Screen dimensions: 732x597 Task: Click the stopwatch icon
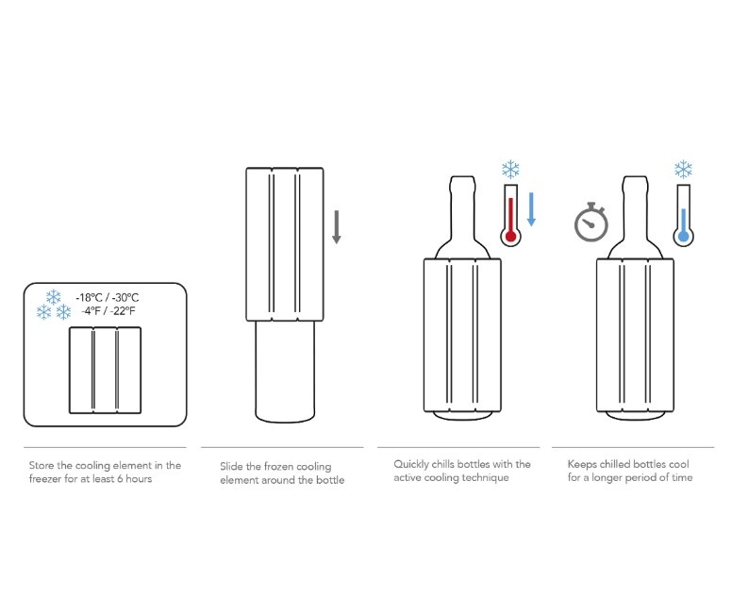(591, 223)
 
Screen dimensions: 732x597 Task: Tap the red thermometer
(510, 215)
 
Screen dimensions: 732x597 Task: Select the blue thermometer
(684, 215)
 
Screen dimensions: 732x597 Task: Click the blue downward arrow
(531, 209)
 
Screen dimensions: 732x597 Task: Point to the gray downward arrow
(336, 227)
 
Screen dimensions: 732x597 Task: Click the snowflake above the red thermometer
(510, 170)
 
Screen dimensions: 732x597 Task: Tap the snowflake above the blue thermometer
(684, 170)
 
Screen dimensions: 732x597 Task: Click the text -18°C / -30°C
(108, 298)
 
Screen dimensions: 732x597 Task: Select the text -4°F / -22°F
(108, 311)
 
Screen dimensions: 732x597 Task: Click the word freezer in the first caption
(45, 479)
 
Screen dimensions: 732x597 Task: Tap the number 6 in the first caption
(120, 479)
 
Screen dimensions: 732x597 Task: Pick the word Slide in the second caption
(231, 466)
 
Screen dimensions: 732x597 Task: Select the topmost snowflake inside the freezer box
(53, 297)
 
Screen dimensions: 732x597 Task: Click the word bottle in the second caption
(330, 480)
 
